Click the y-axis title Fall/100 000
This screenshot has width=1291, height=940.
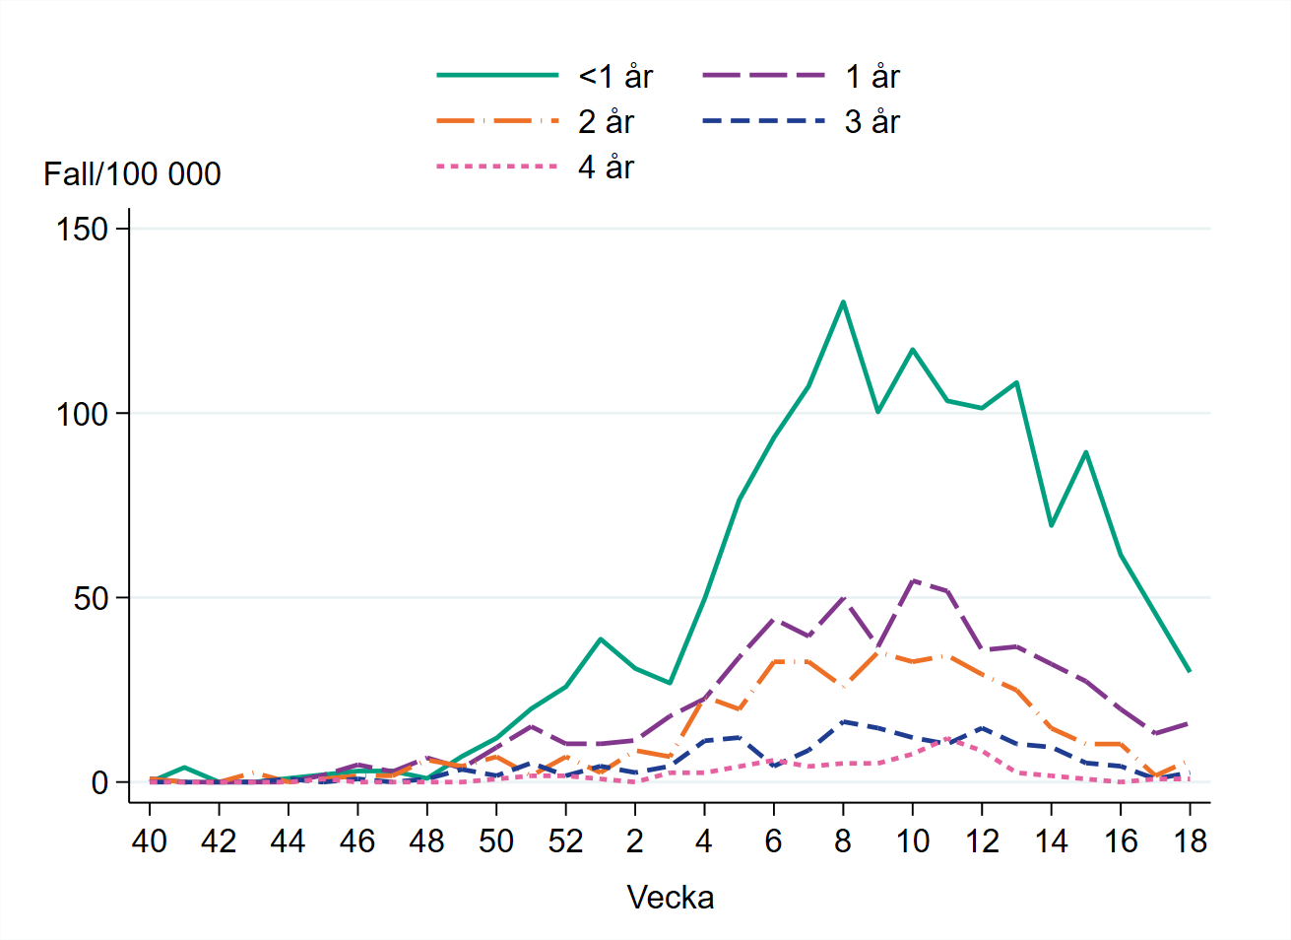pyautogui.click(x=132, y=174)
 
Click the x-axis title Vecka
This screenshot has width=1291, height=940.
pyautogui.click(x=671, y=898)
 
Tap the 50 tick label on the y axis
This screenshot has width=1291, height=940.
pyautogui.click(x=91, y=598)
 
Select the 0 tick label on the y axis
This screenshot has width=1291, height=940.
pyautogui.click(x=99, y=783)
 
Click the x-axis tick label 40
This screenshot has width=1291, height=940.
pyautogui.click(x=150, y=840)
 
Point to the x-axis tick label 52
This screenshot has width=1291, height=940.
pyautogui.click(x=565, y=840)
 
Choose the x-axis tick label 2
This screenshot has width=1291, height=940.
pyautogui.click(x=635, y=840)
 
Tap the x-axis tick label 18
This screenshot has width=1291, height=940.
pyautogui.click(x=1190, y=840)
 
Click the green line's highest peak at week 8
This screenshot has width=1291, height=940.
pyautogui.click(x=843, y=302)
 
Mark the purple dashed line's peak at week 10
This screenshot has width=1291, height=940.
pyautogui.click(x=913, y=580)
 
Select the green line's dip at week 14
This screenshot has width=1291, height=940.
pyautogui.click(x=1051, y=525)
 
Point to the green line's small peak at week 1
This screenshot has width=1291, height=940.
pyautogui.click(x=601, y=639)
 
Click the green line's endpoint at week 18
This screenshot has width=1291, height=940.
pyautogui.click(x=1190, y=671)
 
